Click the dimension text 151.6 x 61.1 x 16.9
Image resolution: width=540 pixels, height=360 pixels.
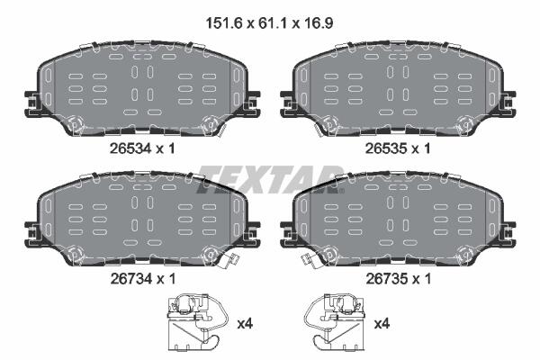[x=269, y=23]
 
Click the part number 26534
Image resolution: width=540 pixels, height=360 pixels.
[x=130, y=148]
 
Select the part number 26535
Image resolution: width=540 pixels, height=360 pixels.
[x=386, y=148]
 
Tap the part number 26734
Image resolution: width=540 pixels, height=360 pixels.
[x=130, y=279]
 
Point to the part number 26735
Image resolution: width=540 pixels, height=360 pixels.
[x=386, y=279]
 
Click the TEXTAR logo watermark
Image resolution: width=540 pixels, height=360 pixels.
[x=270, y=179]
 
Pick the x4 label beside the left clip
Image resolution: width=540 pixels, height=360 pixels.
[x=245, y=324]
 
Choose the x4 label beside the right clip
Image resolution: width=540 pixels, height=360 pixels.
[x=382, y=324]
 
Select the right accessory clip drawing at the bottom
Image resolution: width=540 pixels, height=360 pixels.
[x=334, y=322]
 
